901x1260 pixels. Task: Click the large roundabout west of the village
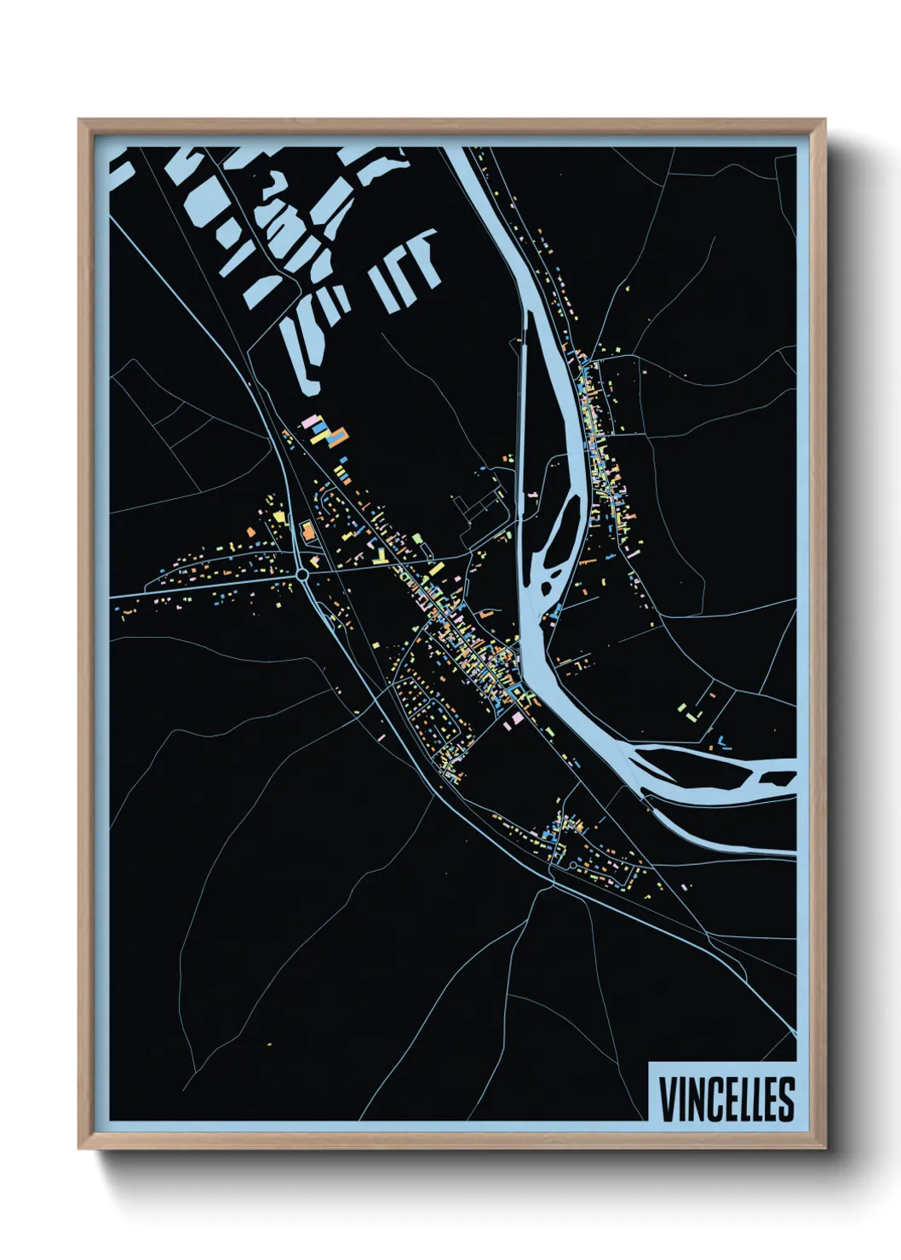[x=303, y=576]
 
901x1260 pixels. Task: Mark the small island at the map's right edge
[x=777, y=778]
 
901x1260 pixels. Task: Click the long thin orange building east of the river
[x=586, y=562]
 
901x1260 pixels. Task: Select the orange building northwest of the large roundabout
[x=278, y=515]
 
